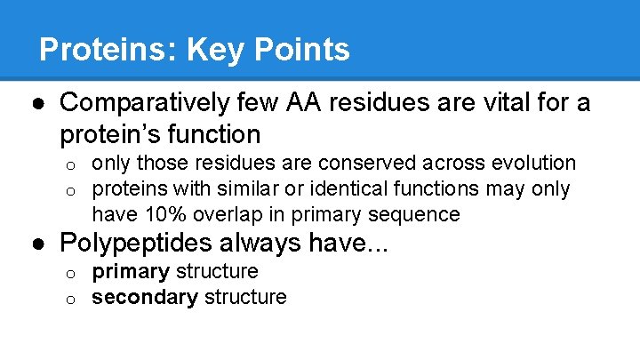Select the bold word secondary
145,297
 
